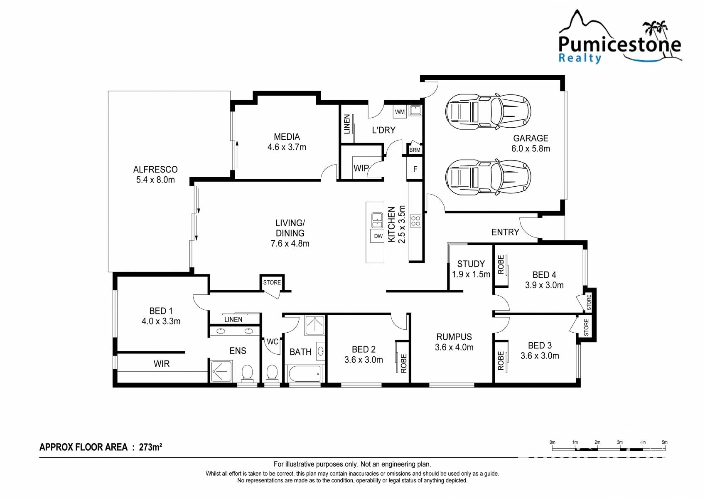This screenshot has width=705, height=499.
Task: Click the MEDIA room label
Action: (287, 137)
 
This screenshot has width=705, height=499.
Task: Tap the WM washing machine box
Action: (400, 112)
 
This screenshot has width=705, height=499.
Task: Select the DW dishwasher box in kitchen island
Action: (378, 236)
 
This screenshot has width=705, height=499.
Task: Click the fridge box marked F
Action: (415, 169)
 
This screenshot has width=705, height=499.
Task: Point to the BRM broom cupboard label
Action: (415, 150)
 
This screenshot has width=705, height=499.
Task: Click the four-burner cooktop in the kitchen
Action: (415, 220)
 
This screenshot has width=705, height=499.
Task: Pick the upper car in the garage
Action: (488, 111)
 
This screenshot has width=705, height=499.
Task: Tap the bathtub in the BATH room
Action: (305, 373)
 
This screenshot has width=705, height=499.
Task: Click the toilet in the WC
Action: (272, 373)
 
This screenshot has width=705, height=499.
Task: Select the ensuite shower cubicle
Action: (221, 371)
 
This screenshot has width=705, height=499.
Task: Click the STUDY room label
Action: (471, 264)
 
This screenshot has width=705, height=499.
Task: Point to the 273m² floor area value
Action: (150, 447)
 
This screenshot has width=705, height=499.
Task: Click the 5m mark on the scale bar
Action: (664, 442)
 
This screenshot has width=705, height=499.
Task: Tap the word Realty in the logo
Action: (580, 58)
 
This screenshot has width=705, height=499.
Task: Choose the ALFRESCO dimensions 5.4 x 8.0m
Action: (155, 180)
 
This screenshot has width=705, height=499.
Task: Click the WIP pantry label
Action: (361, 168)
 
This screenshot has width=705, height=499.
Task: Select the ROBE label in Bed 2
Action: (403, 363)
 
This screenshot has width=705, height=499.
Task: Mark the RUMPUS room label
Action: (454, 337)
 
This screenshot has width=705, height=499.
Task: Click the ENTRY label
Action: (505, 232)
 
